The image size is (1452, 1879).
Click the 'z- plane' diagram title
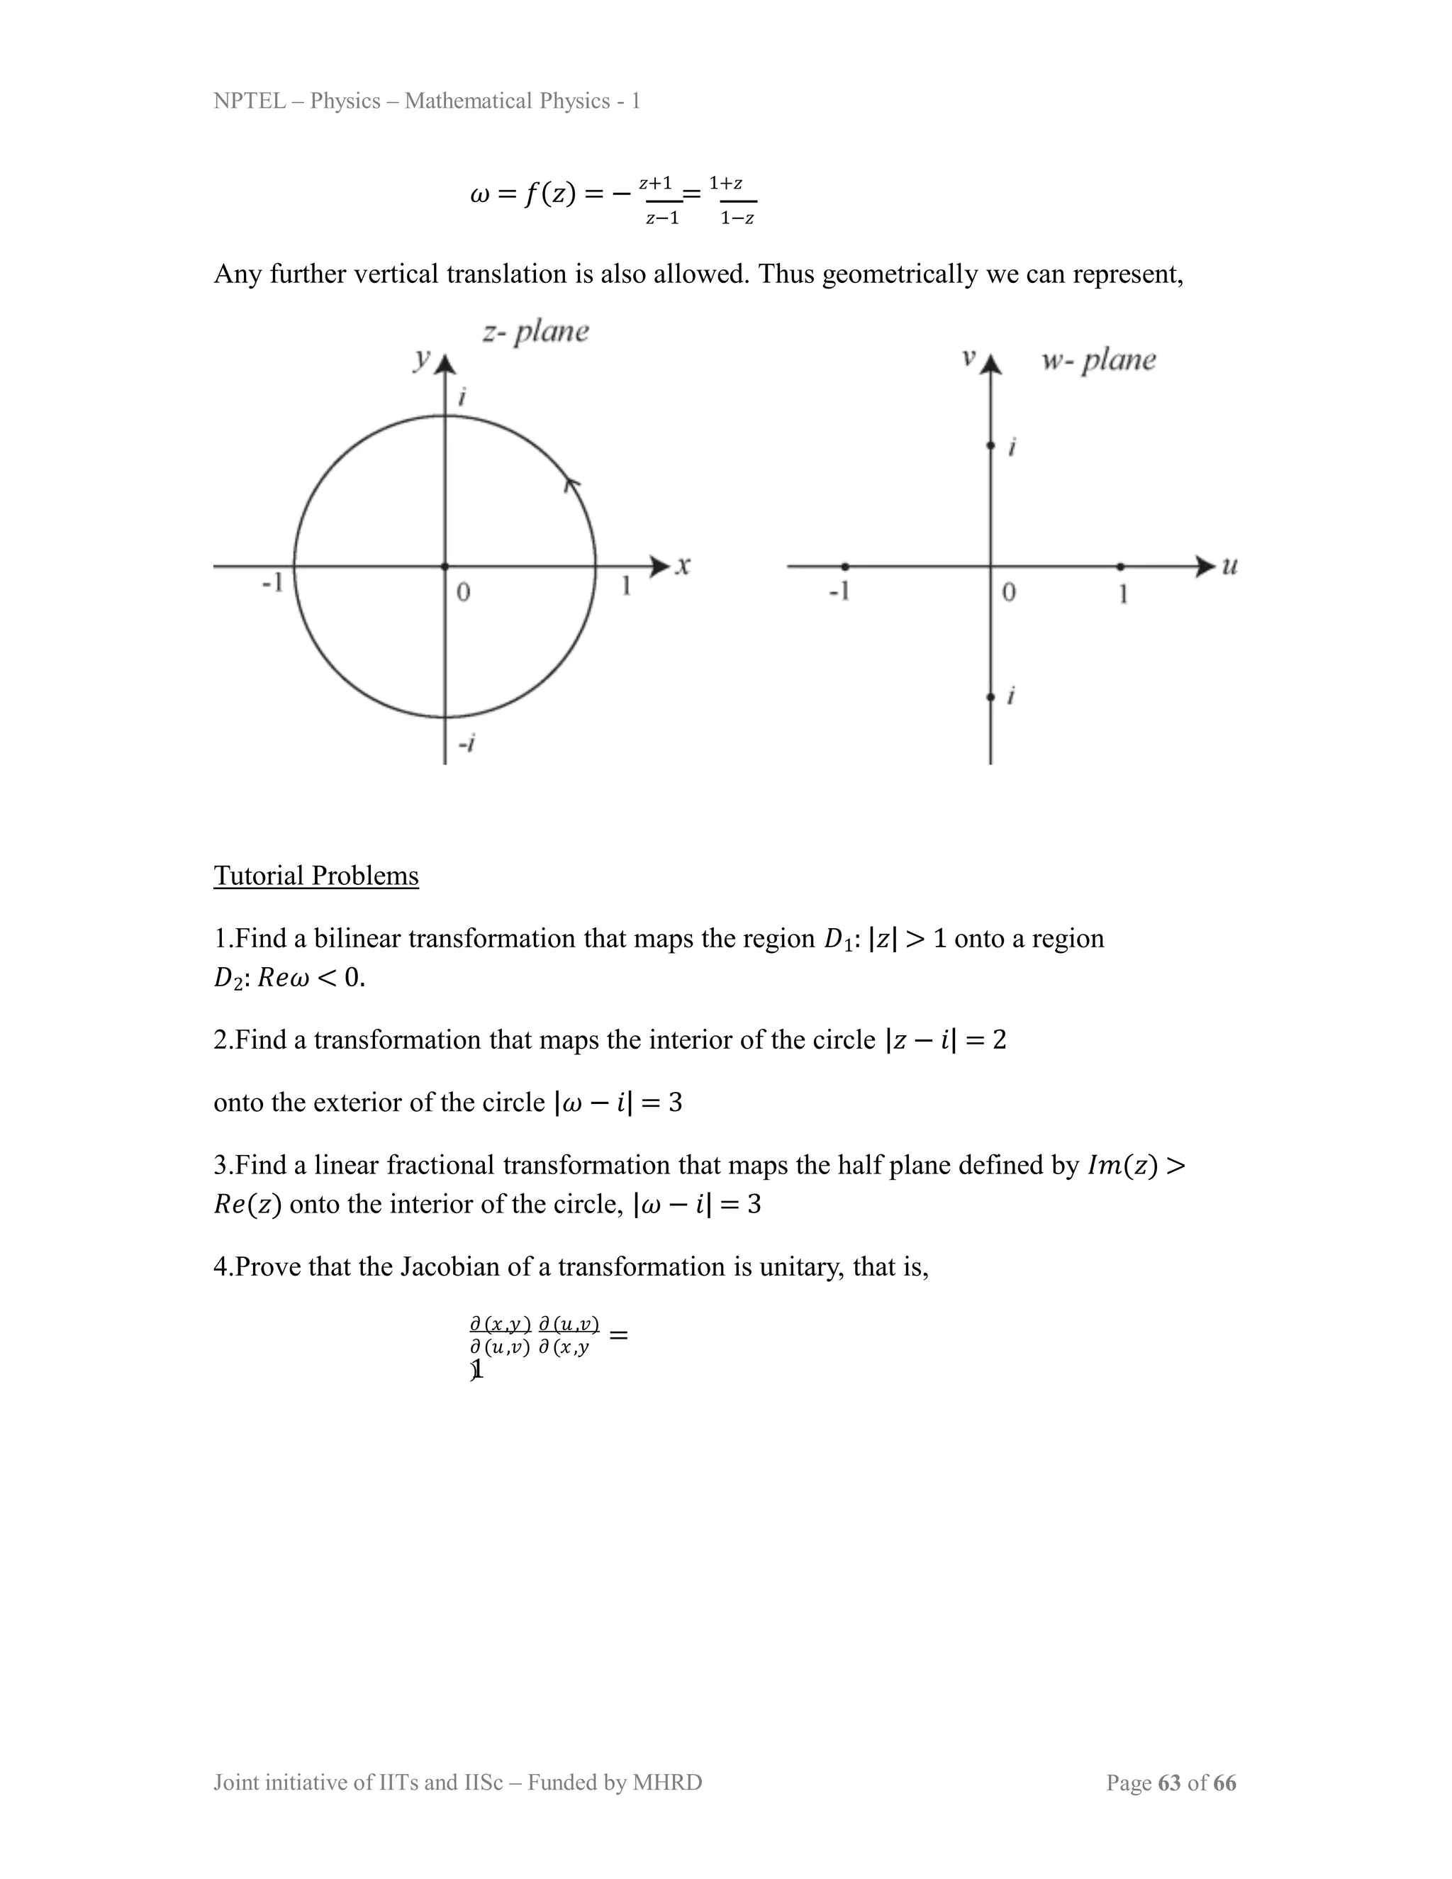point(535,331)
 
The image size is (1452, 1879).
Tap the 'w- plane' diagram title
point(1098,359)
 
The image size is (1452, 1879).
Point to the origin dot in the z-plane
point(445,566)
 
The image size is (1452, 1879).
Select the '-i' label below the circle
point(467,742)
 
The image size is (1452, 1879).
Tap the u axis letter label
point(1229,565)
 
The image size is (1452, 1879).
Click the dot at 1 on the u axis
point(1120,566)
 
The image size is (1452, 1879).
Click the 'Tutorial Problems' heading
point(315,875)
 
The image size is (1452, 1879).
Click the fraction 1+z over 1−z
point(733,201)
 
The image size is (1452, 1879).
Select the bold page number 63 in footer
point(1169,1782)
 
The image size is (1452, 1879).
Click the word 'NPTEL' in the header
point(250,101)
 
